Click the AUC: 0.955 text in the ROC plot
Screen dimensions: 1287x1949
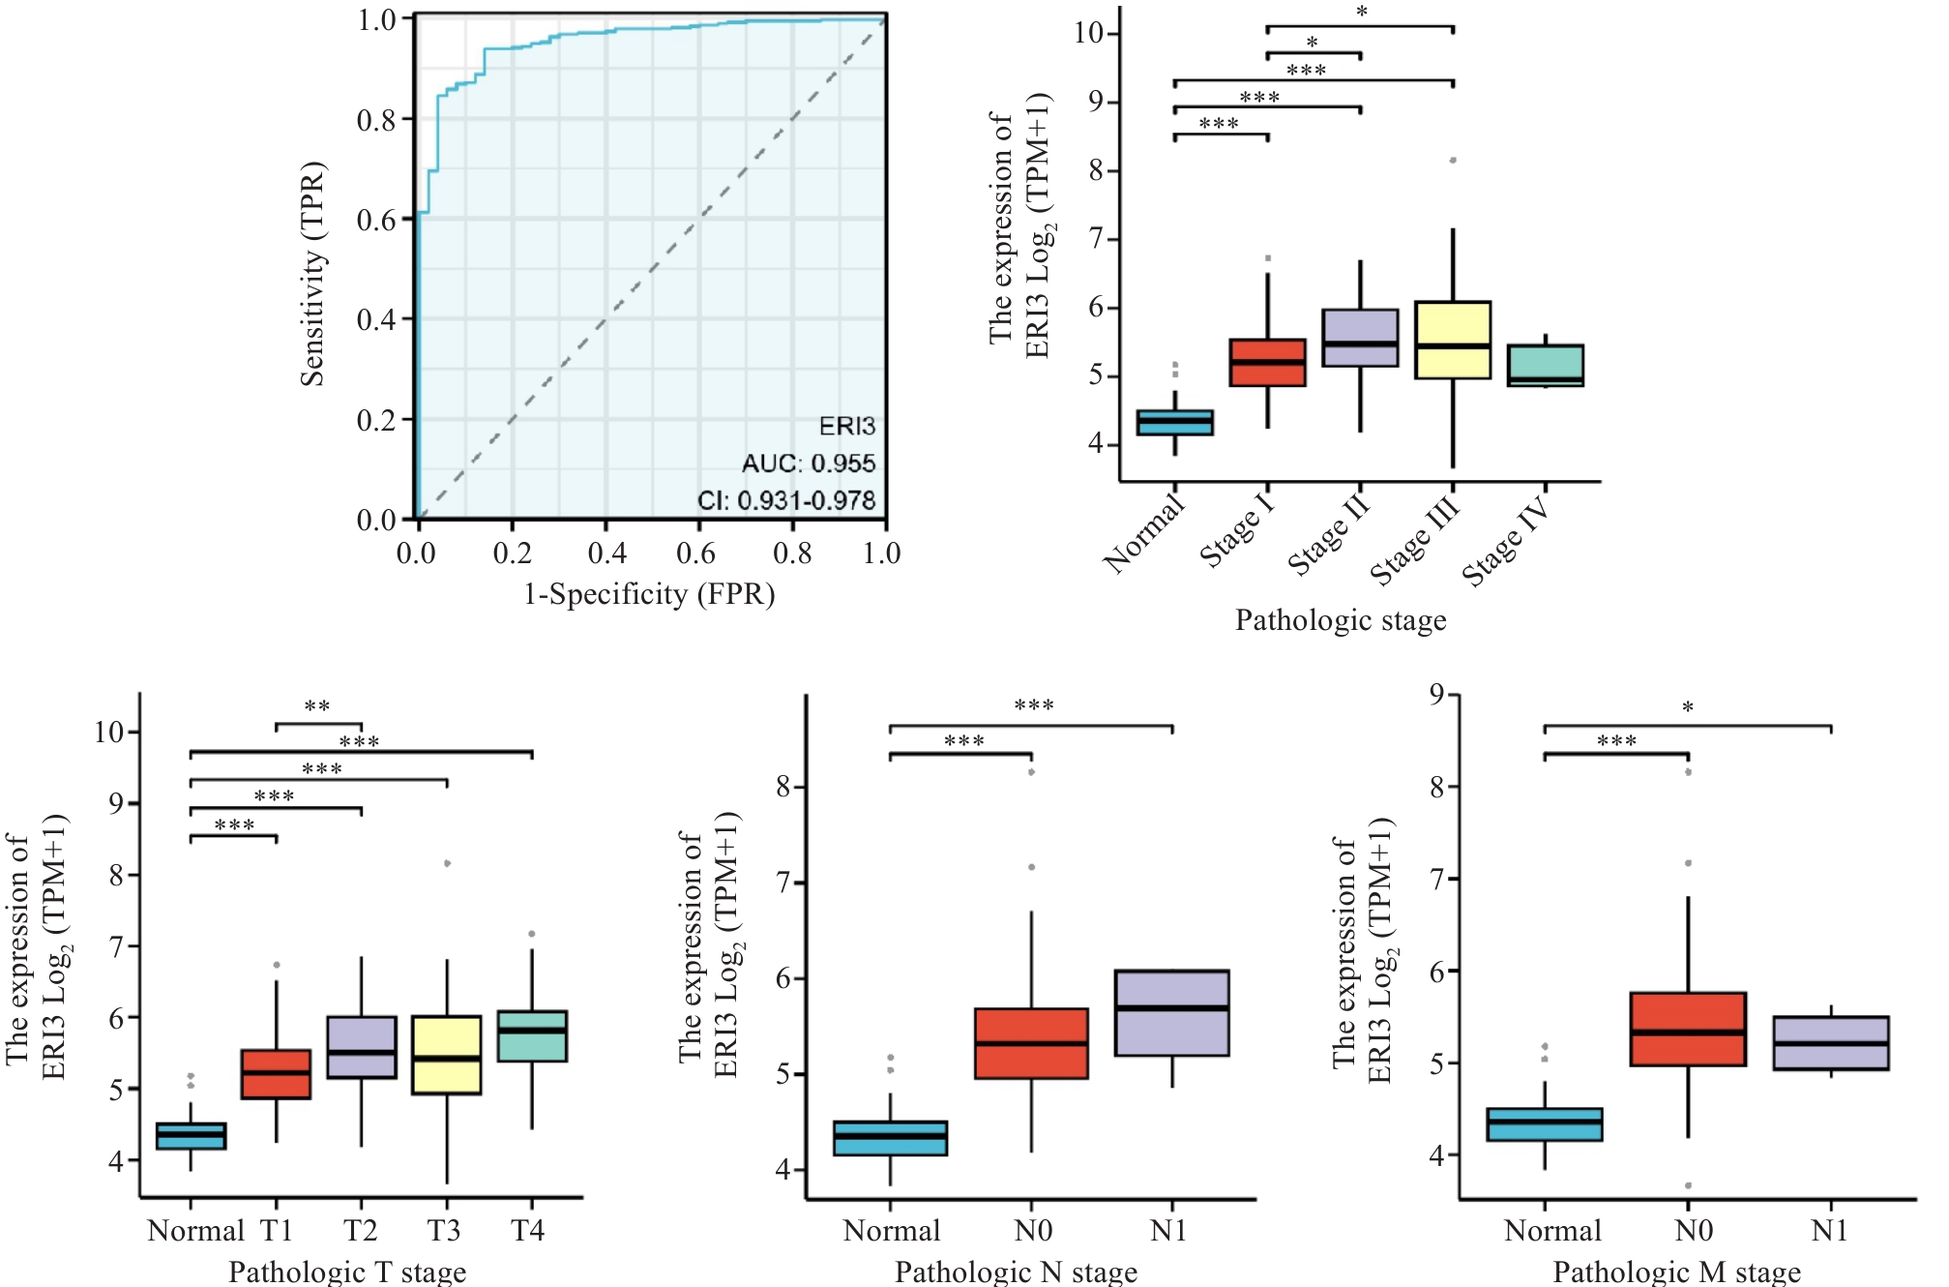808,464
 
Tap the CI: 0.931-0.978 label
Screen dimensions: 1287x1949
785,500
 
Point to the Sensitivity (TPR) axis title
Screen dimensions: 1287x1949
312,274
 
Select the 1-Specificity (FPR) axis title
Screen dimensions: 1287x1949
649,594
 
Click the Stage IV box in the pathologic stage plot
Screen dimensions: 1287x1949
1545,366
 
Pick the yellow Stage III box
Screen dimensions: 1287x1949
1452,340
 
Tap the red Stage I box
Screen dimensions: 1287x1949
1267,363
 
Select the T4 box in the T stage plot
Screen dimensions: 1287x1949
532,1036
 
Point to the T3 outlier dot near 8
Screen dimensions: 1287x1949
447,863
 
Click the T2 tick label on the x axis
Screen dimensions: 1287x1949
361,1231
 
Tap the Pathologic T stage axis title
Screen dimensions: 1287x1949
347,1272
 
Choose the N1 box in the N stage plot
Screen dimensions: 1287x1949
1171,1013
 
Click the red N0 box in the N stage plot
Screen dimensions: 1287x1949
1031,1043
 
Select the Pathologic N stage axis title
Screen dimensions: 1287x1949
1016,1272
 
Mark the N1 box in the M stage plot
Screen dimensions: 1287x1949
1830,1043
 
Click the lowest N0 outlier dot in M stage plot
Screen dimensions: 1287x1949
1688,1185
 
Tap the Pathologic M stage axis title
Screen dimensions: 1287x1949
1676,1272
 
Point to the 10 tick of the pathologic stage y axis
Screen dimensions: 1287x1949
1089,33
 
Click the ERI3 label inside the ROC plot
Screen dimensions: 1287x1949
846,426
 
